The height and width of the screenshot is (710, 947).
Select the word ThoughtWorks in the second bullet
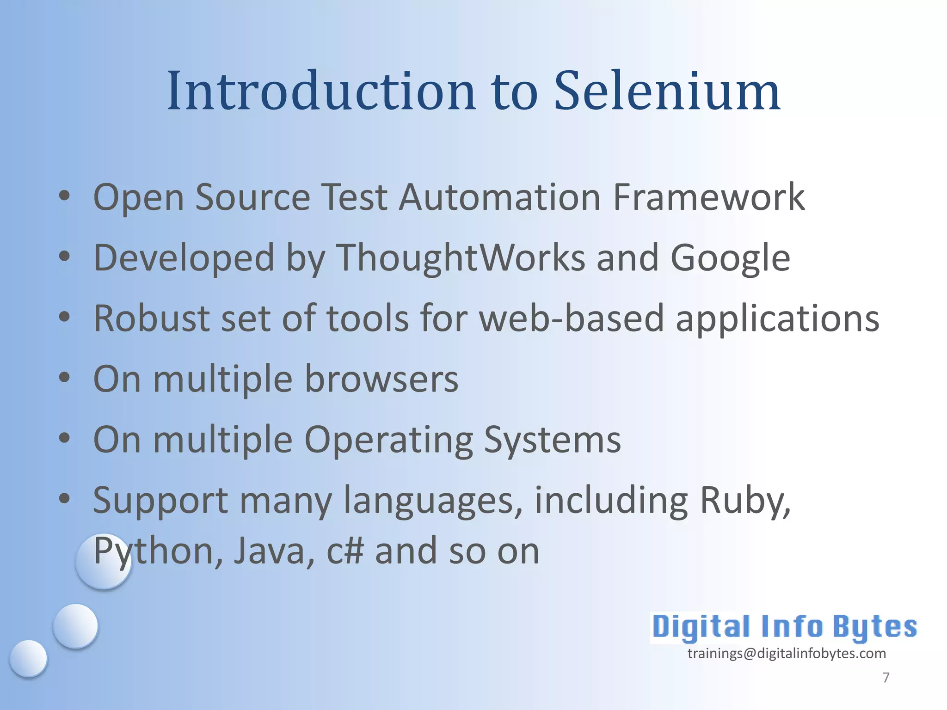[461, 257]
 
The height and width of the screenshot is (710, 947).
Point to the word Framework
[708, 197]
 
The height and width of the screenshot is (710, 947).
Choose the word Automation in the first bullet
[499, 197]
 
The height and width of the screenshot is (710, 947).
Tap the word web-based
[572, 318]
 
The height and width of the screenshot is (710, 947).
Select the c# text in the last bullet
[345, 551]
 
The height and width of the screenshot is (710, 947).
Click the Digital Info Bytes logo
[784, 627]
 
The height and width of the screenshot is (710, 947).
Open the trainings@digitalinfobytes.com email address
[787, 654]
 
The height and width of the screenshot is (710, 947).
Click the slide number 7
[886, 677]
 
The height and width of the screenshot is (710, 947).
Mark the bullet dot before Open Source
[64, 196]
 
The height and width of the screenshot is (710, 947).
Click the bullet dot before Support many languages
[64, 499]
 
